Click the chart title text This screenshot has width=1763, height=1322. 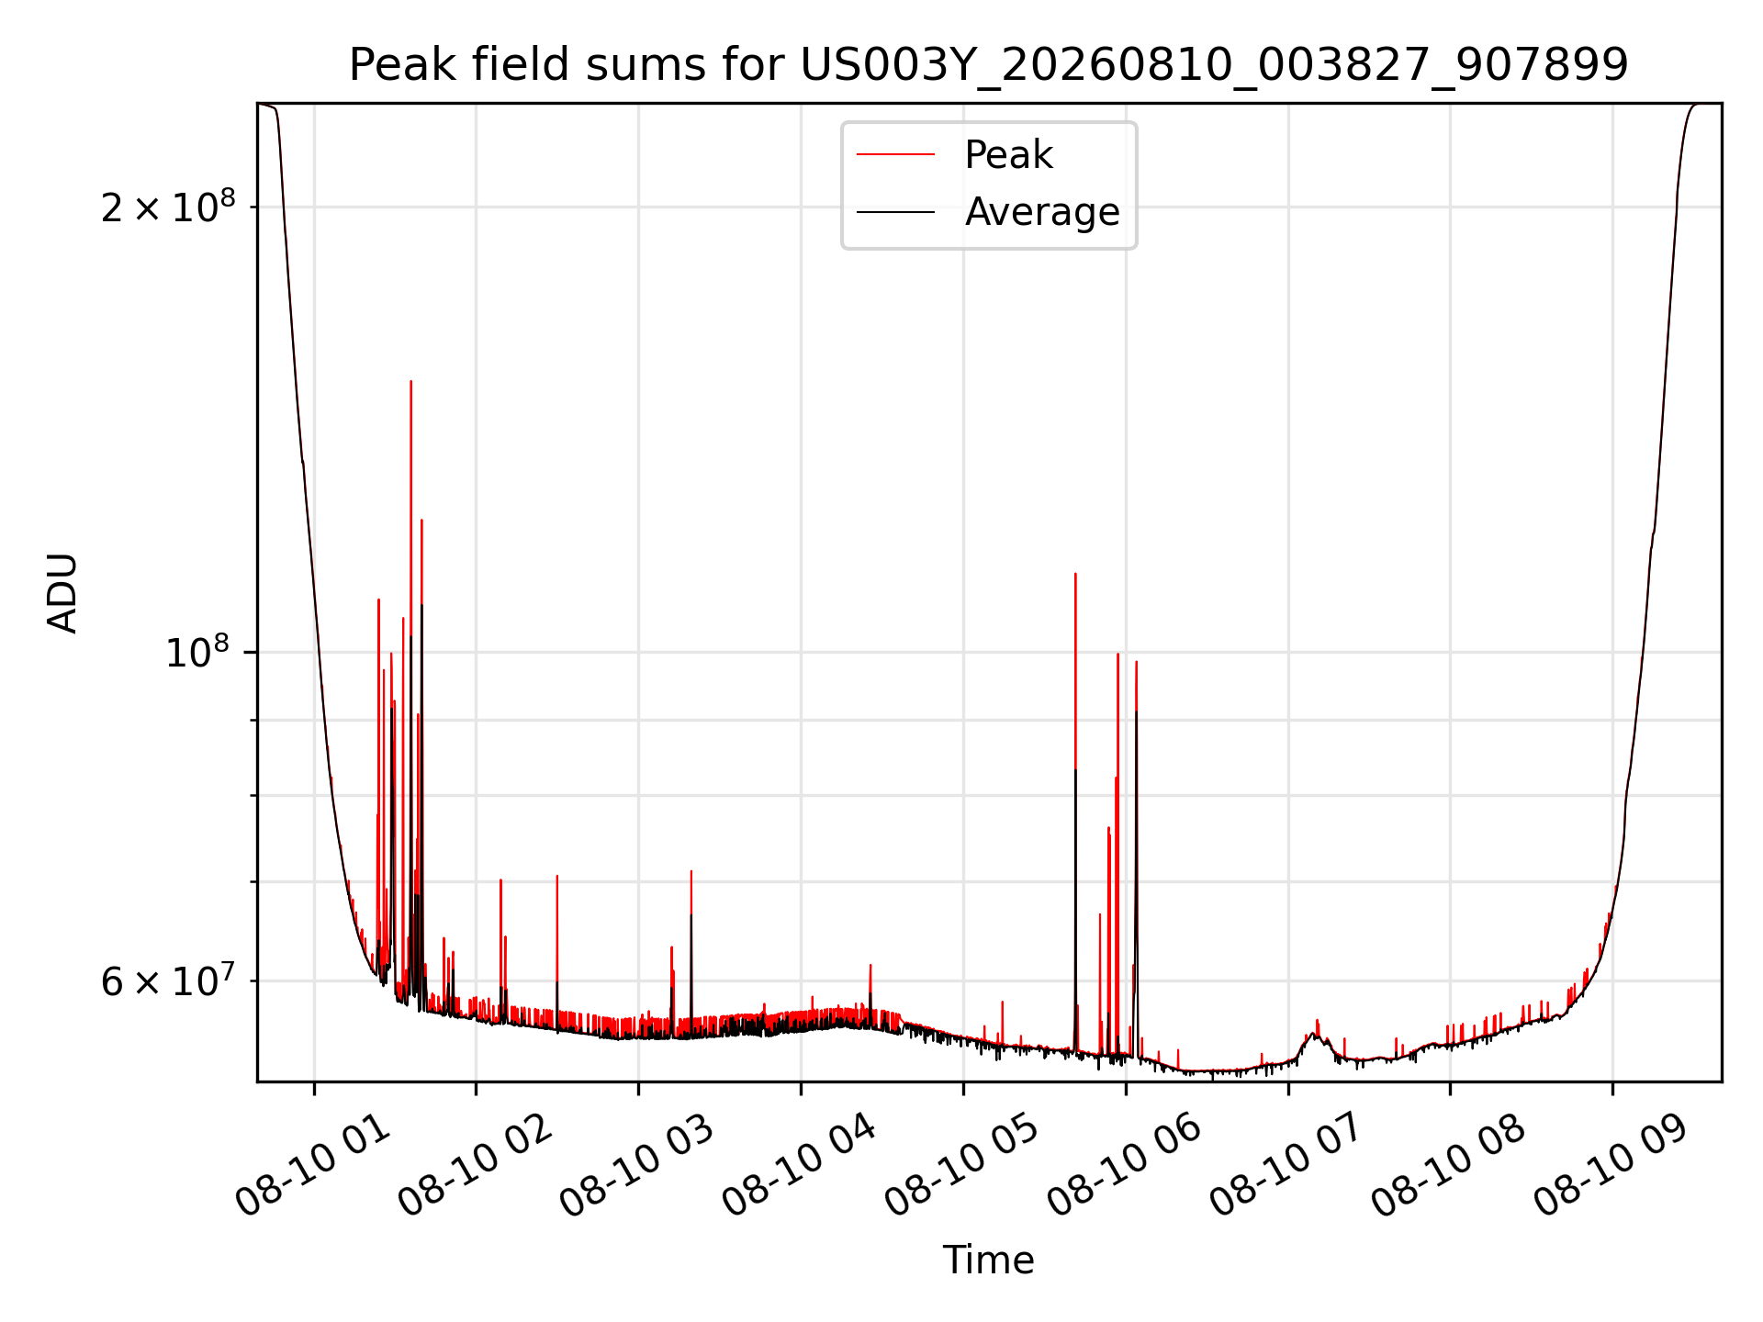tap(989, 65)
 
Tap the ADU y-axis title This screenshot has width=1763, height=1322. tap(62, 592)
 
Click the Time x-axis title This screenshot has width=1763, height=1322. tap(989, 1260)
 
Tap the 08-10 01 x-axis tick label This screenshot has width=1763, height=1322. tap(314, 1166)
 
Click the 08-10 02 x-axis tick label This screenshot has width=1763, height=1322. tap(476, 1166)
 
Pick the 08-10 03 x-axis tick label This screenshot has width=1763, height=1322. tap(638, 1166)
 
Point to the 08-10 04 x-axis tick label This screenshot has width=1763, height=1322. tap(801, 1166)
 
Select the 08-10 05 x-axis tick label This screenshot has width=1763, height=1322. tap(963, 1166)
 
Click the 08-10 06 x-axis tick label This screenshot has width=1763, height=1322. tap(1126, 1166)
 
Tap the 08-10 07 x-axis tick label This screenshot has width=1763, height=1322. tap(1287, 1166)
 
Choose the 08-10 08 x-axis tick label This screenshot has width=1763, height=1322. tap(1450, 1166)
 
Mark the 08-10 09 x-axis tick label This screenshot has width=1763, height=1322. tap(1612, 1166)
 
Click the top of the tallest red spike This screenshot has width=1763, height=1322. tap(410, 381)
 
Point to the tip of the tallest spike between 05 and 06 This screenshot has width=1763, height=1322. tap(1075, 574)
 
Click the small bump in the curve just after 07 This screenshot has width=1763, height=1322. tap(1316, 1030)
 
